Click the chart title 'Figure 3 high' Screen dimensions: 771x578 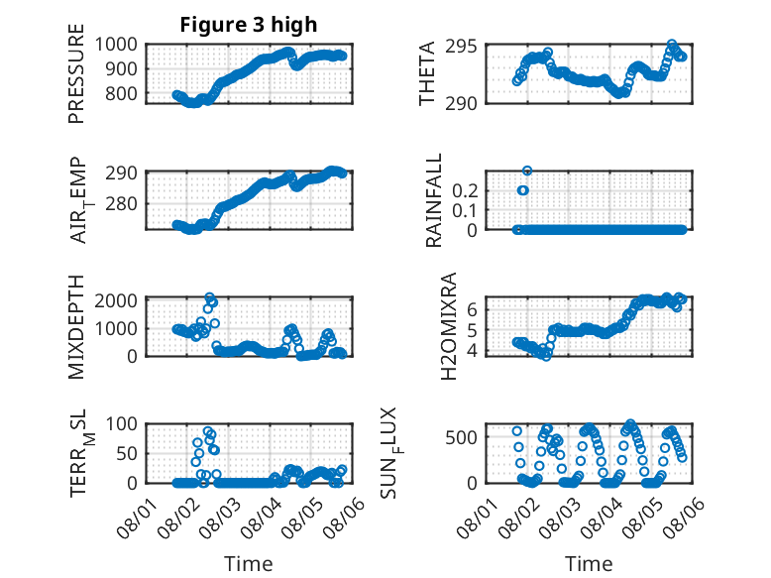(x=249, y=25)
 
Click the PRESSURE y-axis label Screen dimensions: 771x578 (x=76, y=73)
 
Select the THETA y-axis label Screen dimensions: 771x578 (x=427, y=73)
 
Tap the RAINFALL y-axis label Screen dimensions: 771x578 (x=434, y=200)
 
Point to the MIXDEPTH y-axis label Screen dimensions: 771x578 (x=76, y=327)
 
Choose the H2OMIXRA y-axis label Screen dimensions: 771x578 (x=449, y=326)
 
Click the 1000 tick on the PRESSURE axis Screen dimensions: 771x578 (x=116, y=45)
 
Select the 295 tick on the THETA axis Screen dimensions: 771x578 (x=461, y=47)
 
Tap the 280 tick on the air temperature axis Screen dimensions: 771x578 (x=121, y=203)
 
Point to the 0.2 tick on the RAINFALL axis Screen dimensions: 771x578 (x=465, y=190)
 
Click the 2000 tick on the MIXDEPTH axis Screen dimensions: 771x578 (x=116, y=300)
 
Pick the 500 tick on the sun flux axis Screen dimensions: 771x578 (x=461, y=437)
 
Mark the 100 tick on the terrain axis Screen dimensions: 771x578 (x=122, y=423)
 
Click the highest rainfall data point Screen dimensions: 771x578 (x=527, y=171)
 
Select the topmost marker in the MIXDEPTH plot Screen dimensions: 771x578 (x=209, y=297)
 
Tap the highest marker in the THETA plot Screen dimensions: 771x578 (x=672, y=45)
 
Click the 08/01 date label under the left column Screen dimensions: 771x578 (x=136, y=518)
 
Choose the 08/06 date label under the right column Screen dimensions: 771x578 (x=685, y=518)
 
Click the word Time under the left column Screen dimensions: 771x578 (x=249, y=564)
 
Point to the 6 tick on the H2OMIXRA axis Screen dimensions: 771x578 (x=472, y=309)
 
